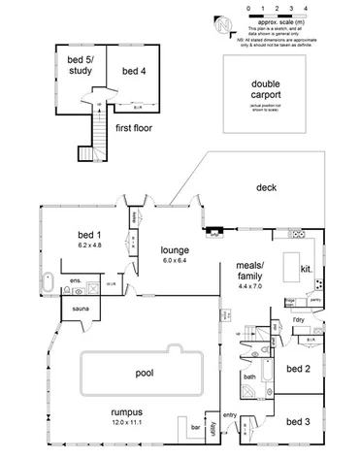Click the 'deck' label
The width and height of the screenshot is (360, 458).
(268, 188)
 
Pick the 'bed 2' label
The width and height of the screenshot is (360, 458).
(299, 369)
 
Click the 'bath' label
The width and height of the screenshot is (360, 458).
(249, 376)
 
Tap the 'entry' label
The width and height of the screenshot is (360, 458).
(230, 416)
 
